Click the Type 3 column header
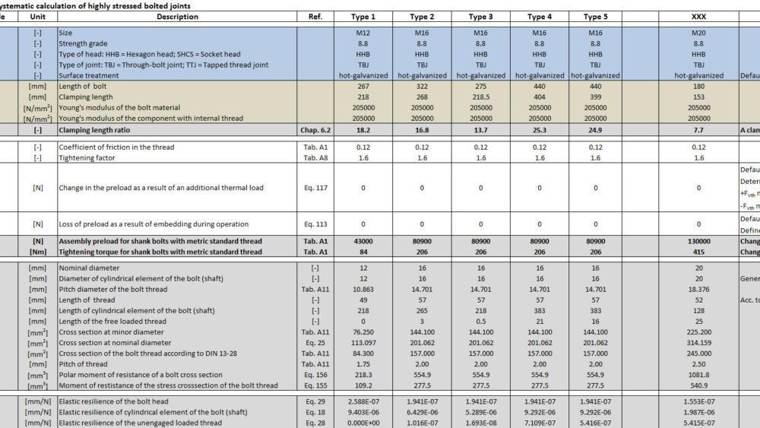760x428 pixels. [x=480, y=17]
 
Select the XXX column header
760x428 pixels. [x=698, y=17]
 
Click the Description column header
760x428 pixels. [x=177, y=17]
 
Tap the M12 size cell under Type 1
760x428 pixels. [x=363, y=33]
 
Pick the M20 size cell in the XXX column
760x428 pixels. [x=698, y=33]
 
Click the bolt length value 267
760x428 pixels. [x=363, y=87]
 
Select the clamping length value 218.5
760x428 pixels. [x=480, y=97]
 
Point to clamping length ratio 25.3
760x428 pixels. [x=539, y=131]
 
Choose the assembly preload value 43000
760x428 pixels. [x=363, y=242]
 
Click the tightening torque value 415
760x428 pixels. [x=698, y=252]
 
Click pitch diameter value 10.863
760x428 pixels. [x=363, y=290]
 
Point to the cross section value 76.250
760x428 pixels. [x=363, y=332]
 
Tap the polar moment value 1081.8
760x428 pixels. [x=698, y=375]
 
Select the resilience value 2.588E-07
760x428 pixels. [x=363, y=401]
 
